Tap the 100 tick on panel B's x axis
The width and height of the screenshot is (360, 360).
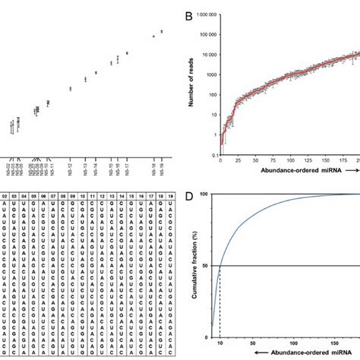click(x=291, y=162)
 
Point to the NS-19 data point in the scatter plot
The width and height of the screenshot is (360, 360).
click(x=162, y=31)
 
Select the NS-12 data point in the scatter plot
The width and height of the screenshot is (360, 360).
click(x=70, y=89)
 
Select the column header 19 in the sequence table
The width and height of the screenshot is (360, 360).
click(x=162, y=196)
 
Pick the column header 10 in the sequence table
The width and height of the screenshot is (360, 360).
click(x=82, y=196)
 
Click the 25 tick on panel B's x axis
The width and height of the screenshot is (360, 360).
click(x=238, y=162)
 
